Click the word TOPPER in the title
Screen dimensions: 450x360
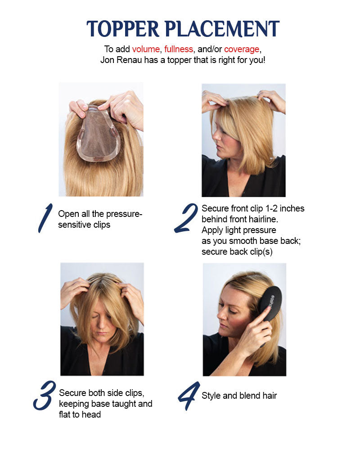point(124,29)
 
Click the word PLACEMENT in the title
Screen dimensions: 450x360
point(223,29)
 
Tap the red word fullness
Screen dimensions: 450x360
point(179,49)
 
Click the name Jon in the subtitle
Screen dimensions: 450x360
point(108,59)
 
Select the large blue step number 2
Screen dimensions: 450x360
point(185,218)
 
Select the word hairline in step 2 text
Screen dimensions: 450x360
point(270,219)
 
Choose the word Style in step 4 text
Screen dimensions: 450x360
point(211,396)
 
